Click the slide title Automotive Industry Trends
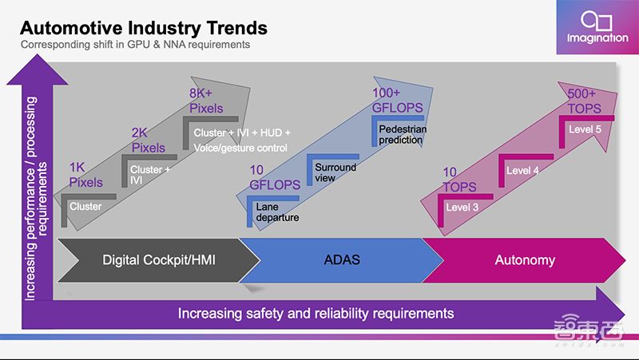pos(143,28)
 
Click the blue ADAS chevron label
pos(343,259)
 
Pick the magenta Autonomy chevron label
pos(524,259)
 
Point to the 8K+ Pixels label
pos(206,100)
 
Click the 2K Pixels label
pos(148,140)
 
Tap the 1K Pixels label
pos(86,175)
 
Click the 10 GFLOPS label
pos(273,177)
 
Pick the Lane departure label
pos(278,212)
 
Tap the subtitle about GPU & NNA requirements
pos(136,45)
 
